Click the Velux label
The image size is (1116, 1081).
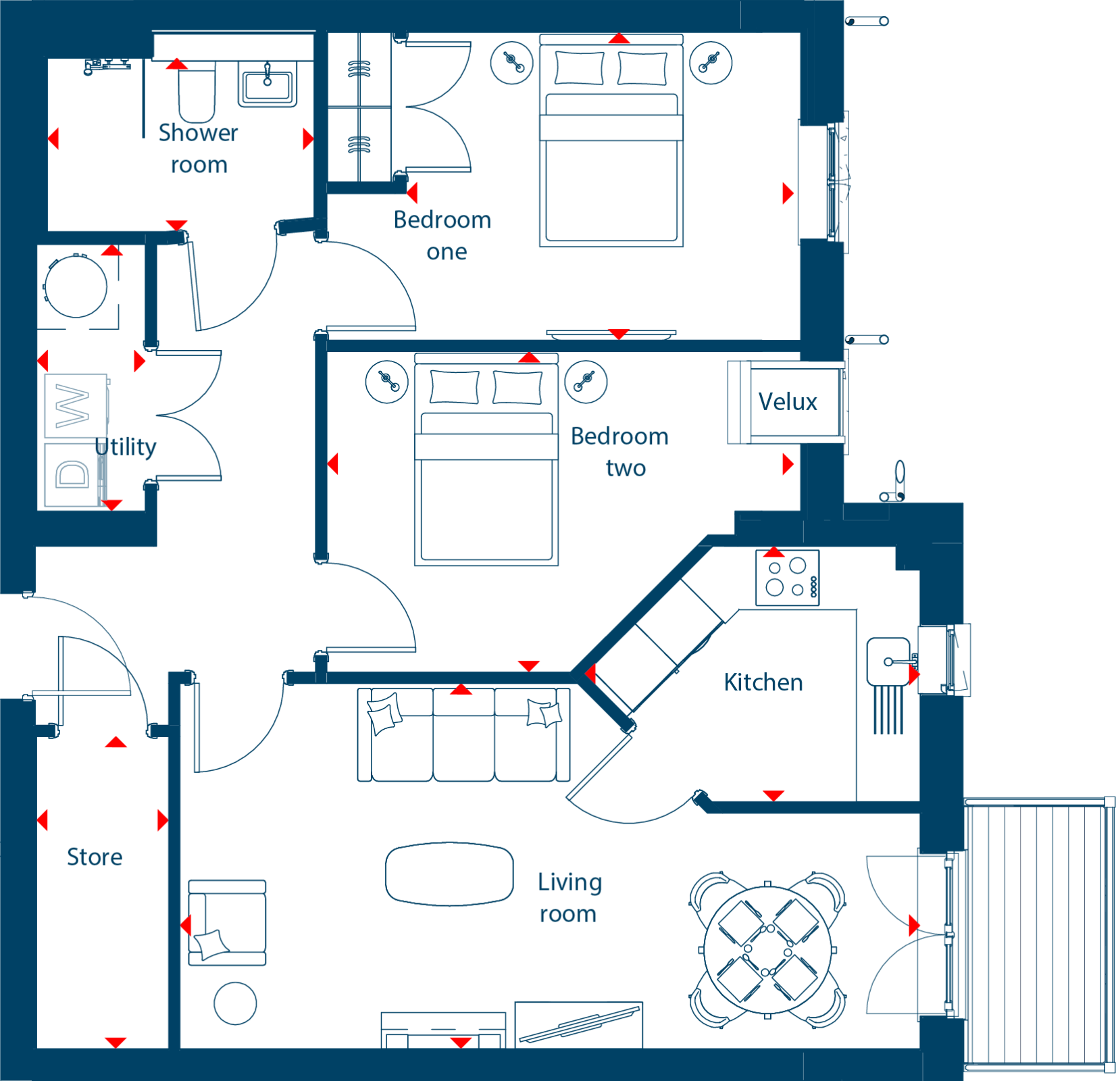coord(788,401)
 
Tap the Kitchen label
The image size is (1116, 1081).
coord(763,682)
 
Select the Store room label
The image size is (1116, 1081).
coord(95,857)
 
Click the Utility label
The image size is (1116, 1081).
coord(126,447)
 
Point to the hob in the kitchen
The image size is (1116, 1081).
coord(788,578)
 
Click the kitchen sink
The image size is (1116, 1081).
coord(888,661)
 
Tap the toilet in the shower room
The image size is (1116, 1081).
coord(197,92)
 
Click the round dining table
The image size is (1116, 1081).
coord(767,950)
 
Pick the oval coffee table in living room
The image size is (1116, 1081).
coord(449,874)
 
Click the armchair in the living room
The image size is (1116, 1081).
coord(227,922)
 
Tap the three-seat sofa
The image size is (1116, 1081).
coord(463,734)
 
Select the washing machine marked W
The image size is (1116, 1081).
coord(76,405)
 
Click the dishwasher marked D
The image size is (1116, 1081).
coord(73,474)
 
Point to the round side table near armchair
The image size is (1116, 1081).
coord(235,1003)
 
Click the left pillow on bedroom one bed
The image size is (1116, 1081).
coord(579,68)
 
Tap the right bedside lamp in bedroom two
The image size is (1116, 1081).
coord(586,382)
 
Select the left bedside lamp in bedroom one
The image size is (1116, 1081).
coord(511,63)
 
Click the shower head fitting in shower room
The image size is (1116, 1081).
coord(107,66)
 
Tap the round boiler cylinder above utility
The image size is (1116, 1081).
coord(76,286)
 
